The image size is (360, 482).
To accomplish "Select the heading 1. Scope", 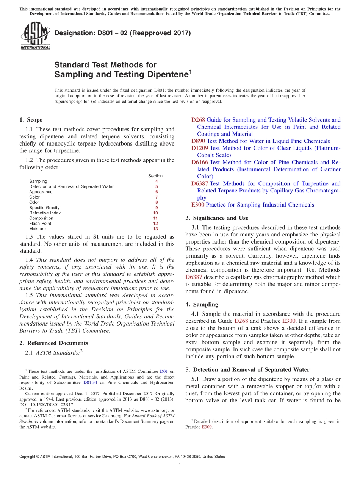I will pos(31,120).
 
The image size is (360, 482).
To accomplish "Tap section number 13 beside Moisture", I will pos(155,229).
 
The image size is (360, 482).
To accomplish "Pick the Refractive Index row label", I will pos(45,213).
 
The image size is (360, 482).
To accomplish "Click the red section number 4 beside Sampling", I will pos(157,181).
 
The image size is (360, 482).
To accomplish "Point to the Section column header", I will pos(155,176).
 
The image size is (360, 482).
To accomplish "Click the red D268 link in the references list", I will pos(198,120).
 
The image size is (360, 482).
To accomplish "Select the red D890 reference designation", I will pos(198,141).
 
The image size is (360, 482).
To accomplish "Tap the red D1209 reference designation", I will pos(199,148).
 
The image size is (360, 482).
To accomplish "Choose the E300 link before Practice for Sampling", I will pos(197,205).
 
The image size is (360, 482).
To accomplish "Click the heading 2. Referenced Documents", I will pos(53,343).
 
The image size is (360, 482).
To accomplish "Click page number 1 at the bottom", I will pos(180,465).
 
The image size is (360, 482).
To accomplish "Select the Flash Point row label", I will pos(40,224).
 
